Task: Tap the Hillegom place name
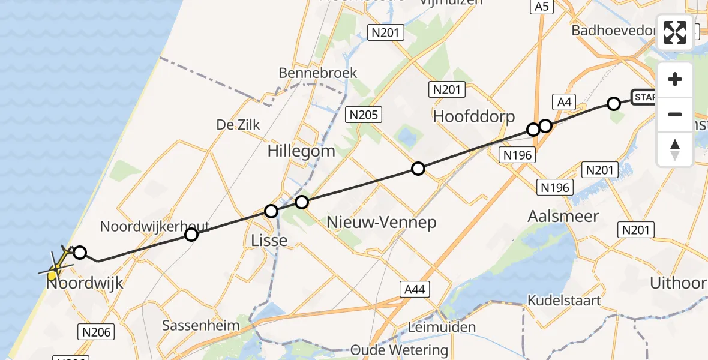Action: click(301, 151)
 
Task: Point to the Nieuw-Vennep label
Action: click(381, 223)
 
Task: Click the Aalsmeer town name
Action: click(563, 216)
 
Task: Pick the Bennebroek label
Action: click(317, 73)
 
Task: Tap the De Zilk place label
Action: click(238, 124)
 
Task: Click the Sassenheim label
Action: click(201, 326)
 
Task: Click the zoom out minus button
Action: click(675, 114)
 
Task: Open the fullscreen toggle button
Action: click(675, 32)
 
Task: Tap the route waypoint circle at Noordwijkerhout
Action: click(191, 235)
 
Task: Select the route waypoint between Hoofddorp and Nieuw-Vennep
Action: click(418, 169)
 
